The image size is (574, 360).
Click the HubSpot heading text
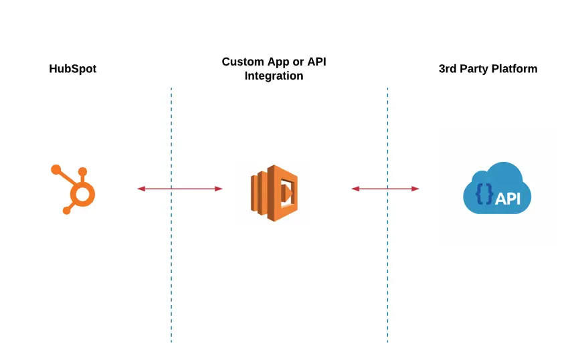tap(72, 69)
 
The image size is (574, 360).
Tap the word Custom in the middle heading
tap(243, 62)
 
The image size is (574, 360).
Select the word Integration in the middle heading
tap(274, 76)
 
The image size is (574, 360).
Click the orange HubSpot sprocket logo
tap(73, 189)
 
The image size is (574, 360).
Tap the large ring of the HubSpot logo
tap(82, 194)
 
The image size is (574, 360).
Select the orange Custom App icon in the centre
tap(274, 193)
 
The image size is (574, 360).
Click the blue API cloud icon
tap(497, 188)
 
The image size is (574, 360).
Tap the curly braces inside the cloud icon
tap(484, 194)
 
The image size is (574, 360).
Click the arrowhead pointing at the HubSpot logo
tap(141, 189)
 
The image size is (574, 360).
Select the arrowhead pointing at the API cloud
tap(415, 189)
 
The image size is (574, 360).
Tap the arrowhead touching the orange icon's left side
tap(218, 189)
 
